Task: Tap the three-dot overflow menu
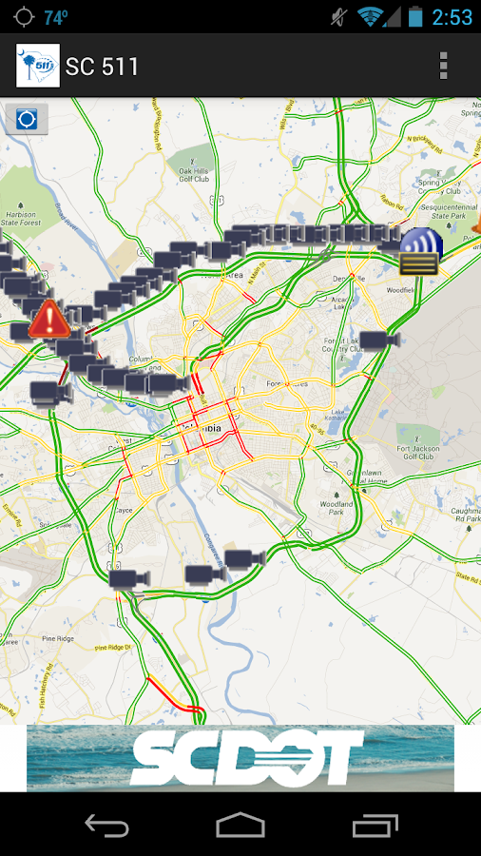(x=443, y=66)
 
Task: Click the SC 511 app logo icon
(x=38, y=66)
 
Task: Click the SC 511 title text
(x=102, y=67)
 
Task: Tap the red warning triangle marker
(x=48, y=320)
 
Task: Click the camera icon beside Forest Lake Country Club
(x=378, y=340)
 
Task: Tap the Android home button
(x=240, y=825)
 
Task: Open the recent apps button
(x=375, y=825)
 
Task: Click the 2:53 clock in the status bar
(x=452, y=17)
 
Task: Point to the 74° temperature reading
(x=56, y=17)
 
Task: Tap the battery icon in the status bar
(x=415, y=17)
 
